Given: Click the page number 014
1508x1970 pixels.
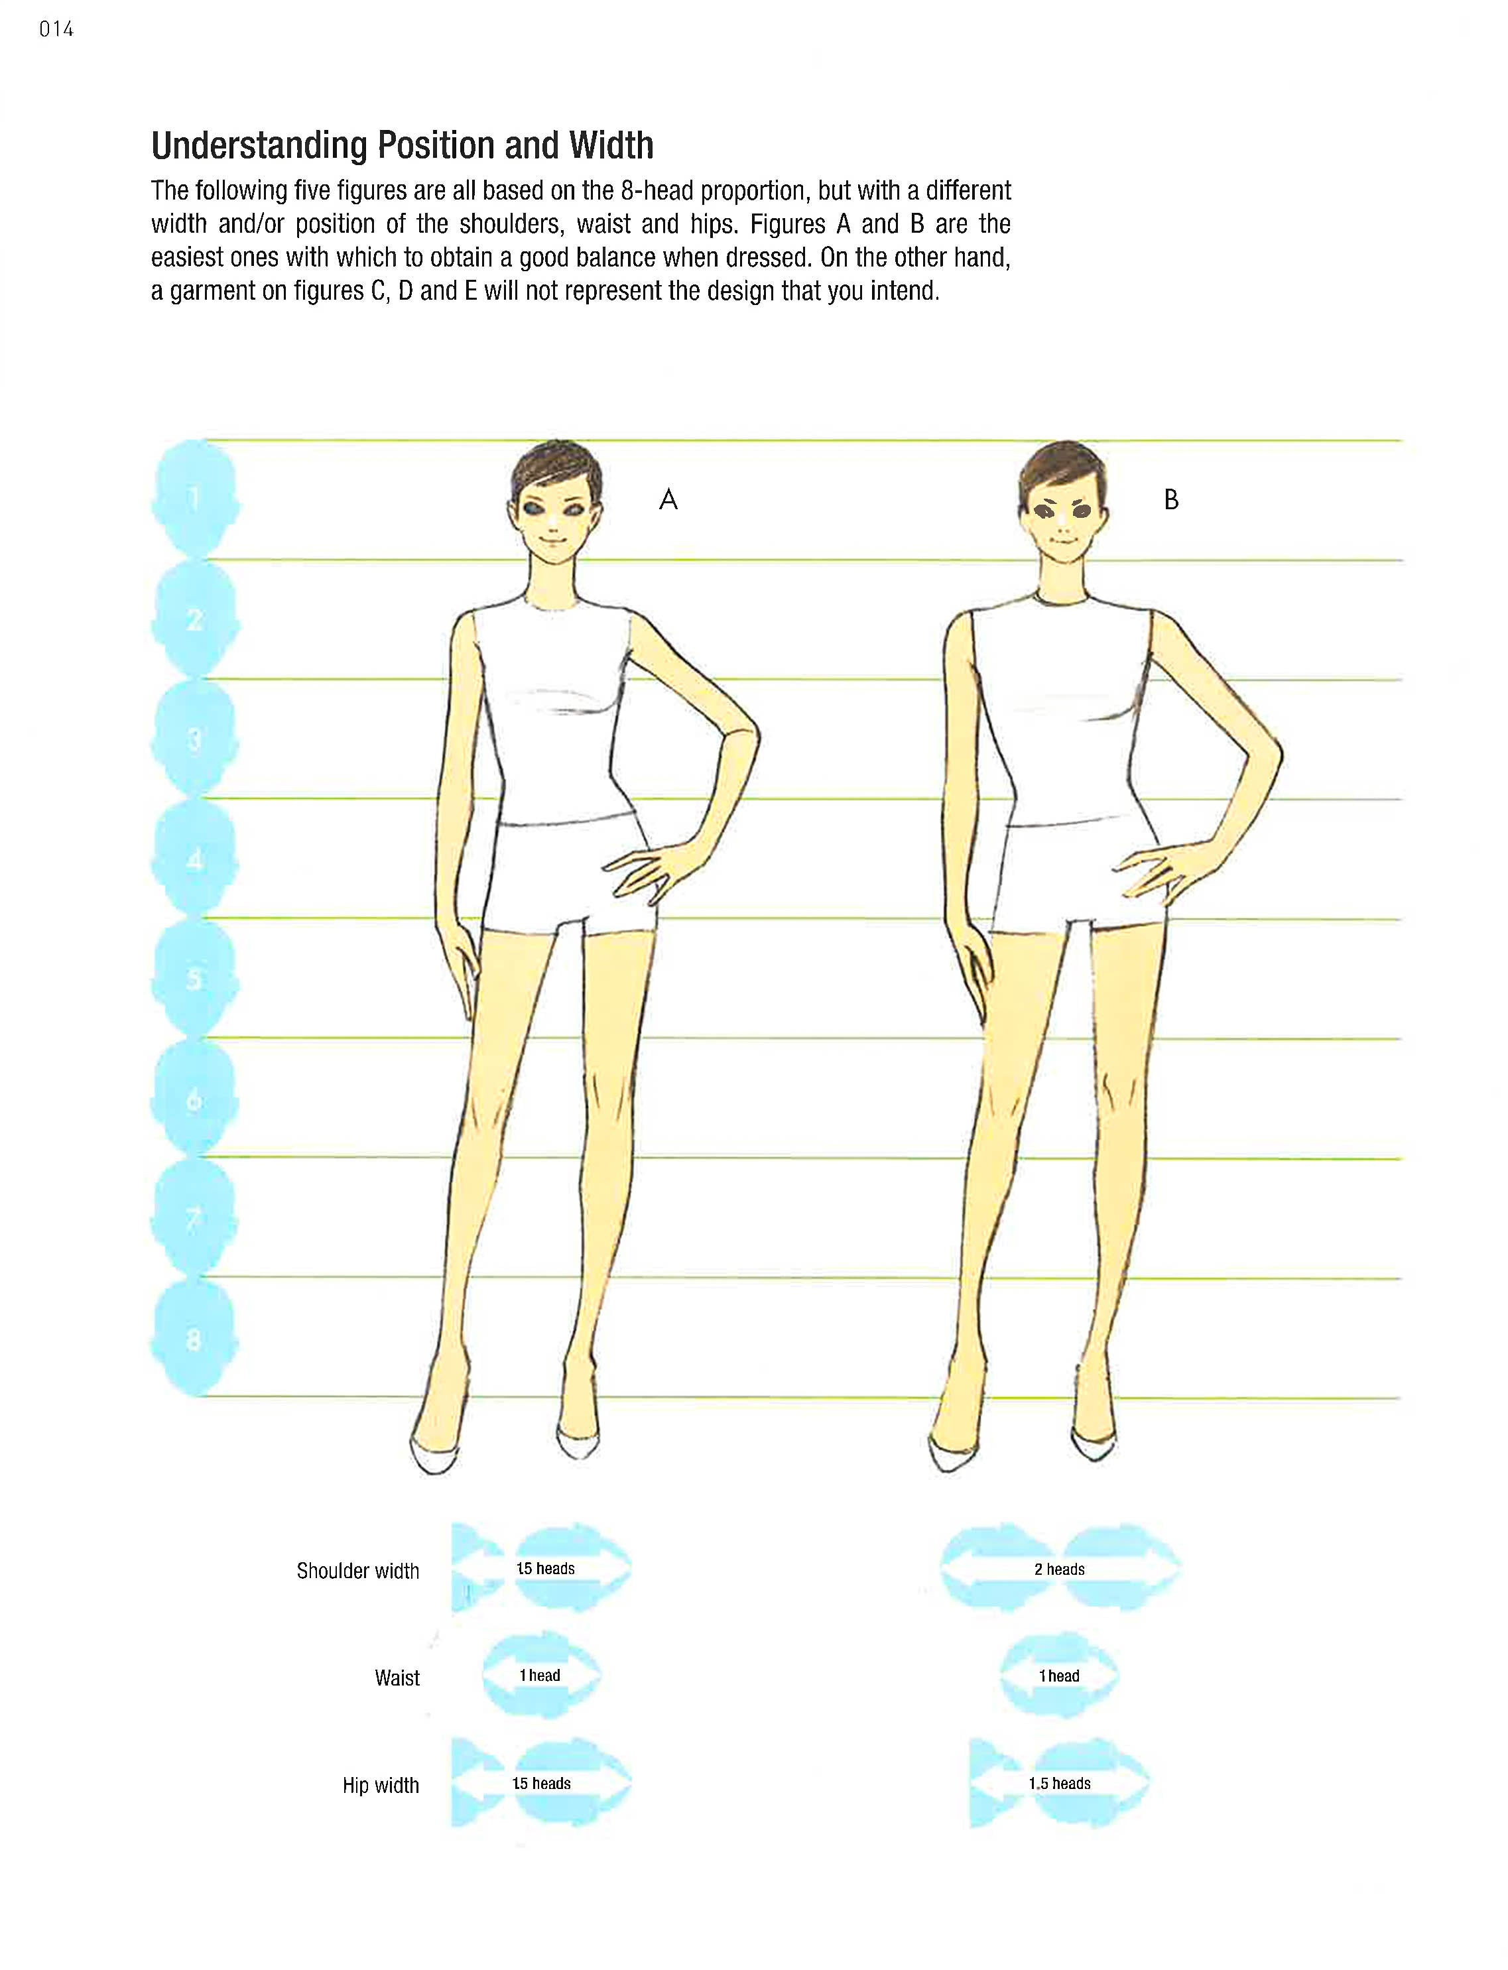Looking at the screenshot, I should [56, 30].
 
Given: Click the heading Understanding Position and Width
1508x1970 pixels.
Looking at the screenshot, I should [402, 145].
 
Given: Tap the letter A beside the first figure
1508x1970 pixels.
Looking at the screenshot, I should [668, 500].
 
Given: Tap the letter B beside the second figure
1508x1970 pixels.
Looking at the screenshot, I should [1170, 500].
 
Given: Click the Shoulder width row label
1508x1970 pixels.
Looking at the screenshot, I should [357, 1571].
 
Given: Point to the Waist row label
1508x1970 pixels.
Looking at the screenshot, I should [397, 1678].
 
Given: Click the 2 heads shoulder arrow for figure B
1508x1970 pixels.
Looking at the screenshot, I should [1060, 1569].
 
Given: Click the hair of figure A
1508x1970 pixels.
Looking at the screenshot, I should [552, 467].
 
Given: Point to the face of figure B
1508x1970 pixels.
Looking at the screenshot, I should [1064, 521].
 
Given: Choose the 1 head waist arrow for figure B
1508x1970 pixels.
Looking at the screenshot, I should [1059, 1676].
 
